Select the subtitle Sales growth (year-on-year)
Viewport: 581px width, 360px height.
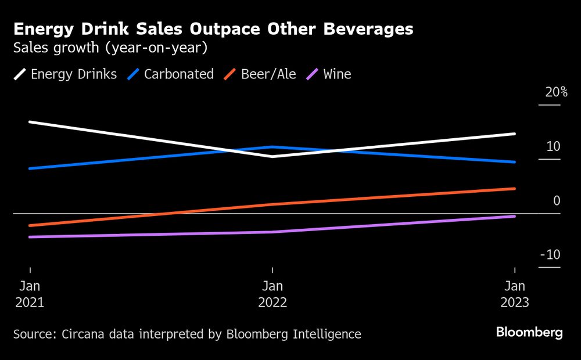(110, 48)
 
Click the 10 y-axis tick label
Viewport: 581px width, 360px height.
(553, 146)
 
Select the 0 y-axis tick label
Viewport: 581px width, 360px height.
(557, 201)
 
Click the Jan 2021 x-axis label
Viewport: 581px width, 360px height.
(30, 294)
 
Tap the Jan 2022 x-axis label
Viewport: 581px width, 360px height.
(272, 294)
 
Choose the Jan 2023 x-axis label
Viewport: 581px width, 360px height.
(515, 294)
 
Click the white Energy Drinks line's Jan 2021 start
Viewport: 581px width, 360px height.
(30, 122)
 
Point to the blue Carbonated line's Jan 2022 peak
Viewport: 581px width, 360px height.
(272, 147)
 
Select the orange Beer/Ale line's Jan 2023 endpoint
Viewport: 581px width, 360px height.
(514, 189)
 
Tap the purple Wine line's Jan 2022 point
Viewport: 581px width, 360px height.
(272, 232)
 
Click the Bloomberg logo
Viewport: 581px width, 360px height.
(529, 333)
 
